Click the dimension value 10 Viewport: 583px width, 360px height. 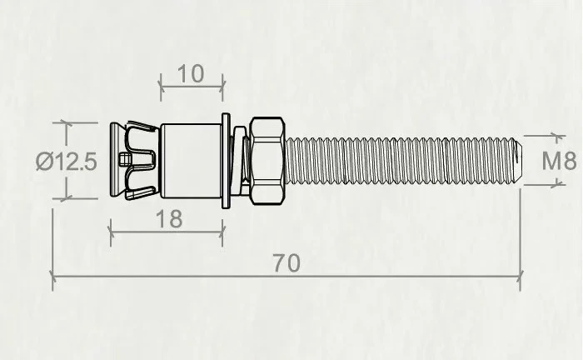coord(191,73)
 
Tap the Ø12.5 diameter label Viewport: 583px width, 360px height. coord(67,162)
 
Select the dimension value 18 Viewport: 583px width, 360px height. coord(169,219)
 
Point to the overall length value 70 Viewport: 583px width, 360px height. coord(287,263)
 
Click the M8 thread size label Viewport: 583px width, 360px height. coord(559,161)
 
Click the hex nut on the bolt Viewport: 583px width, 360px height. coord(267,161)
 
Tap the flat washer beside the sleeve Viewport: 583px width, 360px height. coord(226,161)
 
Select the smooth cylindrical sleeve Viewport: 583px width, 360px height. coord(192,161)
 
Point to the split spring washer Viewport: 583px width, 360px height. coord(241,161)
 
